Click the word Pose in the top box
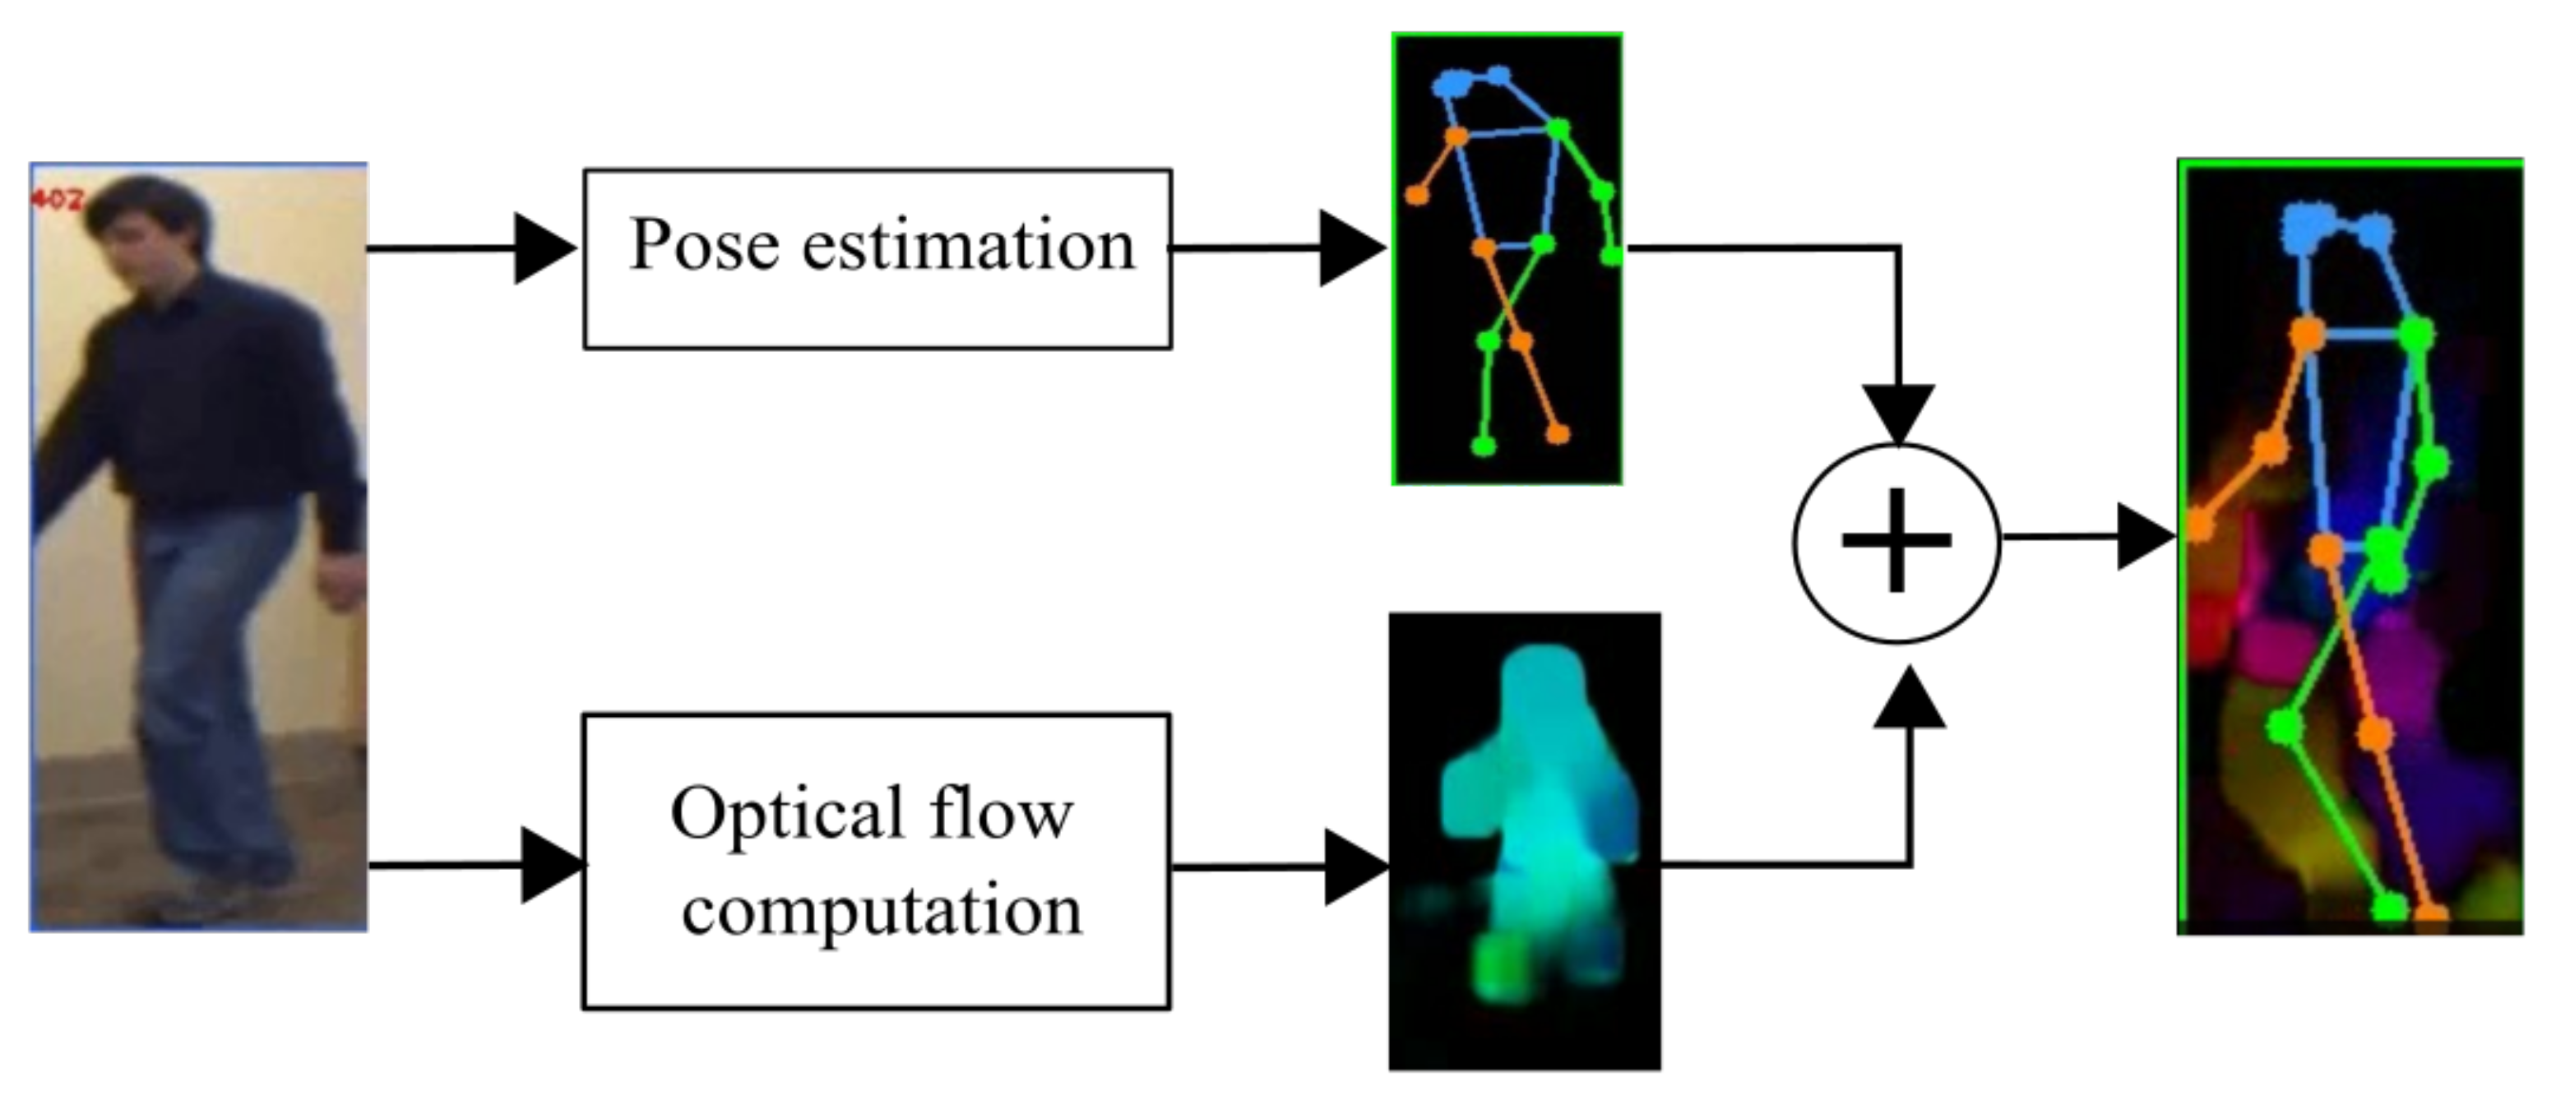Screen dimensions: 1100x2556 point(705,245)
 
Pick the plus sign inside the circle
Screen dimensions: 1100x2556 point(1896,541)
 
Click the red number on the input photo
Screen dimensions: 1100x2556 point(57,200)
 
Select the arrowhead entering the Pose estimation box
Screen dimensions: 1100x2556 point(544,248)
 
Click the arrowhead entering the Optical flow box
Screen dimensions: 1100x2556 point(551,866)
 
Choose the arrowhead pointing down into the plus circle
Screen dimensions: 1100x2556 point(1898,412)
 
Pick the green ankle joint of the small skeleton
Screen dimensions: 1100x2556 point(1483,446)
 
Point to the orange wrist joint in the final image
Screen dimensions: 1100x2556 point(2200,525)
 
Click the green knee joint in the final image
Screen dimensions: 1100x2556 point(2284,726)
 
